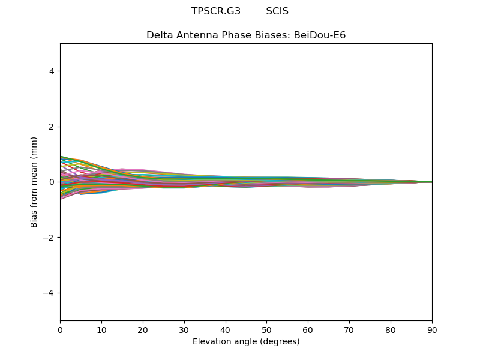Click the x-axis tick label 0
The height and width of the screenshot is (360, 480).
pyautogui.click(x=61, y=331)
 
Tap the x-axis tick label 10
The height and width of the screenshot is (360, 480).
pyautogui.click(x=101, y=331)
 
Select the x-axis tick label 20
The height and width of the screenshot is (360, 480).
pyautogui.click(x=143, y=331)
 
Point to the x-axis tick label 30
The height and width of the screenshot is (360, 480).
pyautogui.click(x=184, y=331)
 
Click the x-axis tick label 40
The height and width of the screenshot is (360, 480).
pyautogui.click(x=226, y=331)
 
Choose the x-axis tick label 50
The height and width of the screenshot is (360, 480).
pyautogui.click(x=266, y=331)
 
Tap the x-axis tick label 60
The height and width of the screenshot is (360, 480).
pyautogui.click(x=308, y=331)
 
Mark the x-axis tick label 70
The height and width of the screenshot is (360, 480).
pyautogui.click(x=349, y=331)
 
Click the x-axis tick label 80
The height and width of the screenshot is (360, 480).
pyautogui.click(x=391, y=331)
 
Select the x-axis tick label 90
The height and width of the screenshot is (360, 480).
pyautogui.click(x=432, y=331)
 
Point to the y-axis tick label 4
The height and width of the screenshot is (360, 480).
pyautogui.click(x=52, y=71)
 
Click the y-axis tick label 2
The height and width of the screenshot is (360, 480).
pyautogui.click(x=52, y=127)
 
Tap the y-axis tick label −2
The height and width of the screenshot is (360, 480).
pyautogui.click(x=49, y=238)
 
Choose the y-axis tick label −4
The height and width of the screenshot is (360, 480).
pyautogui.click(x=49, y=293)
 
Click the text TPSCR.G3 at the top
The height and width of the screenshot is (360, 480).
pyautogui.click(x=216, y=11)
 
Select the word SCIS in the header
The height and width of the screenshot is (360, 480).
pyautogui.click(x=277, y=11)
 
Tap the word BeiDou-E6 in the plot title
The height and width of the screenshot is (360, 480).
pyautogui.click(x=320, y=35)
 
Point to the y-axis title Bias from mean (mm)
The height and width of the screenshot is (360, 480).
pyautogui.click(x=34, y=182)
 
